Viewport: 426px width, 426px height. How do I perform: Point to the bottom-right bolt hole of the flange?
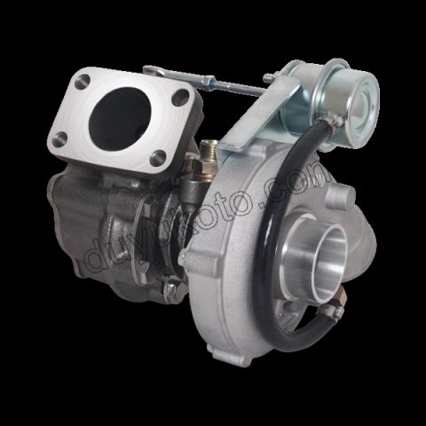[158, 157]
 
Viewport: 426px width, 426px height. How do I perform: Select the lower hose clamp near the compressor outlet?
[329, 312]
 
